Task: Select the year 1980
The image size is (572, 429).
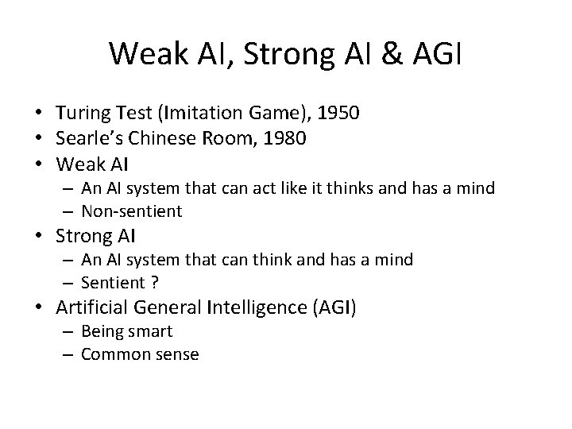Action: click(x=284, y=138)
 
